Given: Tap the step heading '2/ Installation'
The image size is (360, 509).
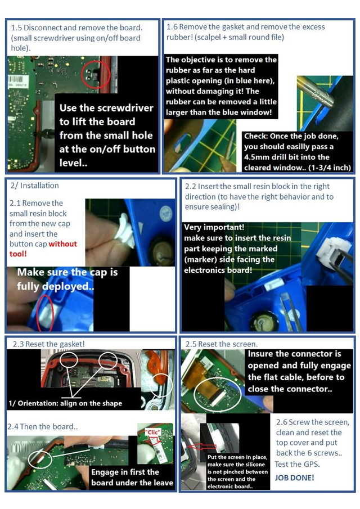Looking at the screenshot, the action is click(x=35, y=186).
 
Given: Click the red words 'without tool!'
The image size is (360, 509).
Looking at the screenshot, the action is click(x=43, y=249).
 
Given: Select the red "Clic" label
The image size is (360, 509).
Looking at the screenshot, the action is click(x=152, y=432).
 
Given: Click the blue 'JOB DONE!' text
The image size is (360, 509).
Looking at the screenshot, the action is click(x=294, y=478).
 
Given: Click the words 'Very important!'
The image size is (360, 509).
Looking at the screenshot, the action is click(x=214, y=227).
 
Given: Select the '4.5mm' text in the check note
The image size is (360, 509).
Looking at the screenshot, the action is click(x=254, y=157).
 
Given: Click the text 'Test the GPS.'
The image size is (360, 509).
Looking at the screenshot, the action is click(x=297, y=464).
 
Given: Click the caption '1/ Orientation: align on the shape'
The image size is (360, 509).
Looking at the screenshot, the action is click(x=65, y=403).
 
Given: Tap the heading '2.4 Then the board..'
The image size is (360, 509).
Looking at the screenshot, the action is click(x=43, y=426).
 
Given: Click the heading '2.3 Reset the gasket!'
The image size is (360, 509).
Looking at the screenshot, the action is click(x=49, y=344).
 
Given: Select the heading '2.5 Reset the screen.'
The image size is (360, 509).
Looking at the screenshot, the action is click(x=222, y=344).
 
